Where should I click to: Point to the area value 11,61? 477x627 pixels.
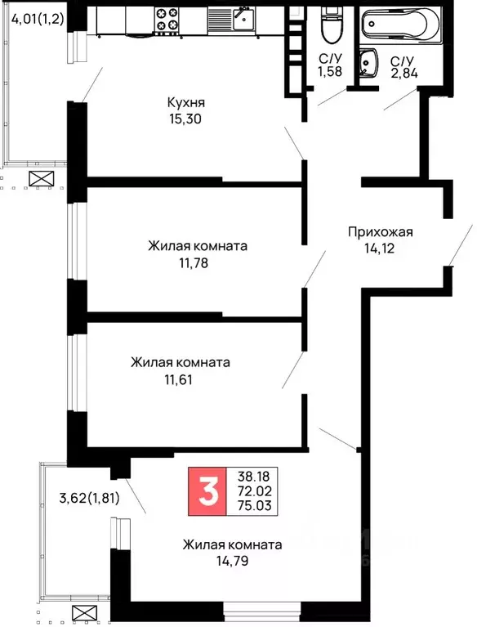tap(178, 378)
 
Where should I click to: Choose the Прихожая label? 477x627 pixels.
tap(380, 231)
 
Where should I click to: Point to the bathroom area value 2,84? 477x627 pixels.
tap(403, 76)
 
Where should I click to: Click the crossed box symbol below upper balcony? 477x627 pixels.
tap(40, 181)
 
